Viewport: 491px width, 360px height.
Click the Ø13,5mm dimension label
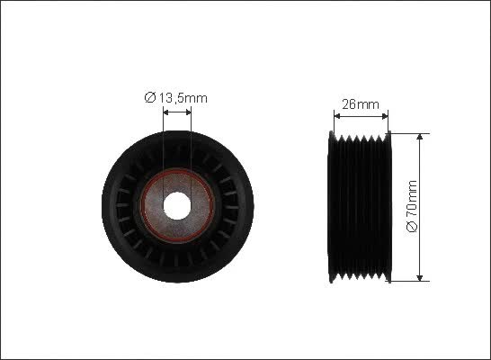(176, 98)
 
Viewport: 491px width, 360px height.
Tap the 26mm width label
(361, 104)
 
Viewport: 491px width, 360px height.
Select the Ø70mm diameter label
(412, 206)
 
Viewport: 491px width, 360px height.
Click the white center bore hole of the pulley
(177, 206)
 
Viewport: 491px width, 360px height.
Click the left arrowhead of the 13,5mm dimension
(166, 112)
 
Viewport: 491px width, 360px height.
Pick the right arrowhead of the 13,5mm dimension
(188, 112)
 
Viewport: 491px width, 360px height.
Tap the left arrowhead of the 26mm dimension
(337, 116)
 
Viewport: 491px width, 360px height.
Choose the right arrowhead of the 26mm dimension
(385, 116)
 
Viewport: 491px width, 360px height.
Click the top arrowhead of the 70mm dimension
(420, 136)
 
